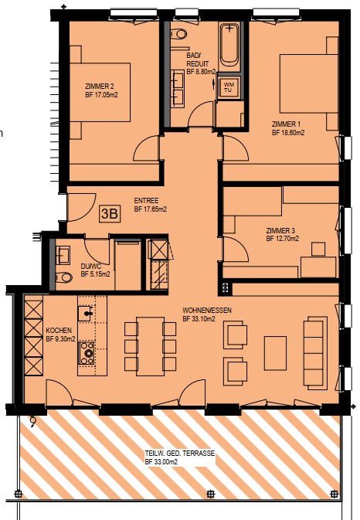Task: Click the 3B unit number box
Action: [110, 213]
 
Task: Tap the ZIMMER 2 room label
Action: [100, 87]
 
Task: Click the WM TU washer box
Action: [228, 87]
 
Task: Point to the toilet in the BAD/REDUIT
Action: [179, 34]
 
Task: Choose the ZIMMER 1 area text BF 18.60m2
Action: [288, 133]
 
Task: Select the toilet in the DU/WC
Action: [64, 277]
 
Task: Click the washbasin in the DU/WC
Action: [63, 255]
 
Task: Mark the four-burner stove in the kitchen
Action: [87, 354]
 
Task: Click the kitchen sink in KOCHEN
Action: [86, 314]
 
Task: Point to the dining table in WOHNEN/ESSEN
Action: [150, 346]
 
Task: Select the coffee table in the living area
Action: [275, 353]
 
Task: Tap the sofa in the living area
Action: [315, 353]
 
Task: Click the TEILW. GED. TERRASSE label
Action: [180, 454]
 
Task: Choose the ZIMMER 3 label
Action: [280, 230]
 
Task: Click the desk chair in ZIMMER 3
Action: [318, 249]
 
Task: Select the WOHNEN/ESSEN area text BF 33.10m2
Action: [199, 319]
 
